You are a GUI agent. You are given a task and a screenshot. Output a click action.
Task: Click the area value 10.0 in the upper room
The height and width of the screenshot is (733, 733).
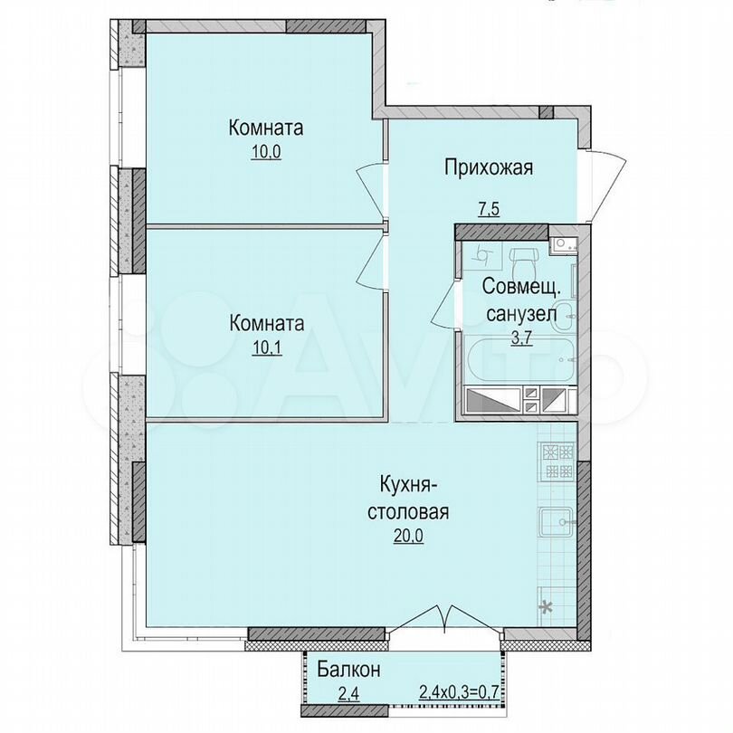tap(266, 153)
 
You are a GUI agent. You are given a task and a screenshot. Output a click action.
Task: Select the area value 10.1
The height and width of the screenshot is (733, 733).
tap(266, 348)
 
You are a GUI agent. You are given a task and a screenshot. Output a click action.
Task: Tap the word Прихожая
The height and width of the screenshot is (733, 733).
tap(488, 167)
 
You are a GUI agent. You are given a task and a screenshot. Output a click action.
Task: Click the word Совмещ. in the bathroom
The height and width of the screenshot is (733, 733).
tap(520, 287)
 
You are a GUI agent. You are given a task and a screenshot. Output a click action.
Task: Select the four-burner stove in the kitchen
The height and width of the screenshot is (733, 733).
tap(557, 461)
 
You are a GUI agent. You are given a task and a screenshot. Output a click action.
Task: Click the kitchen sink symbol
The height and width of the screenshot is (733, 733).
tap(558, 522)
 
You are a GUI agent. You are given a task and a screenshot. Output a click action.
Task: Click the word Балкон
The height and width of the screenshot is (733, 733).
tap(348, 670)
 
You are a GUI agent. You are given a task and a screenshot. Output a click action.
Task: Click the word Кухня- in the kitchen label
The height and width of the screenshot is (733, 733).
tap(408, 485)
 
